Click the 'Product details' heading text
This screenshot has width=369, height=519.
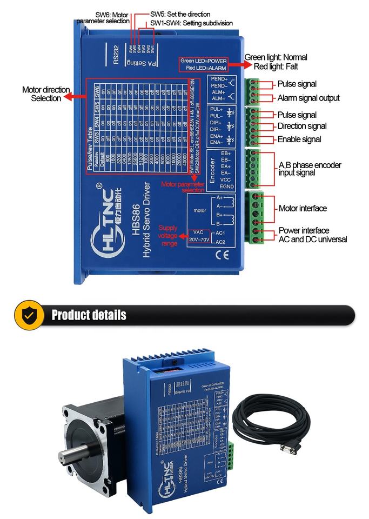coord(89,315)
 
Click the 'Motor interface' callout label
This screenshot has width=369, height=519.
coord(303,208)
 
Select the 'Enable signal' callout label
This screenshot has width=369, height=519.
coord(300,139)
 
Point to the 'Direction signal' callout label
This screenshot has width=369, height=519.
coord(302,127)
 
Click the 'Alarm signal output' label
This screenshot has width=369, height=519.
coord(308,98)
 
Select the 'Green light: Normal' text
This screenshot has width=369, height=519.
coord(276,57)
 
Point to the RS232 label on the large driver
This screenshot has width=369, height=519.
coord(116,55)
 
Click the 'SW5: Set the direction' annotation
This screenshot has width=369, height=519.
coord(180,14)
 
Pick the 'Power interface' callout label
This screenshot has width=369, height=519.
coord(304,231)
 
